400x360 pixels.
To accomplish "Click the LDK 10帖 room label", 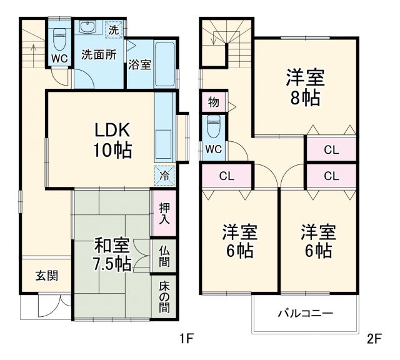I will pos(113,141).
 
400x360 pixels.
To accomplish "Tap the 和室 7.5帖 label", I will pos(113,253).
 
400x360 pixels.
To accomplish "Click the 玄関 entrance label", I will pos(47,275).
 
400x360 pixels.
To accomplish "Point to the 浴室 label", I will pos(139,64).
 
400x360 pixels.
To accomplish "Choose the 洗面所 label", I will pos(99,54).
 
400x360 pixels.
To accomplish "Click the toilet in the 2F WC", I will pos(213,127).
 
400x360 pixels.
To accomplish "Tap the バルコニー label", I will pos(305,313).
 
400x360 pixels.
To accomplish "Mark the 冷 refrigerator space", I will pos(164,176).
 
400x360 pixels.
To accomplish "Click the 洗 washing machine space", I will pos(113,29).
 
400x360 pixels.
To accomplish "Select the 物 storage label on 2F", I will pos(213,102).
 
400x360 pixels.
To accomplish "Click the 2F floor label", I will pos(374,340).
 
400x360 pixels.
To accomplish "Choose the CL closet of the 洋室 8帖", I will pos(331,149).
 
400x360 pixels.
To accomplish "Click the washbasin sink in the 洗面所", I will pos(86,27).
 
